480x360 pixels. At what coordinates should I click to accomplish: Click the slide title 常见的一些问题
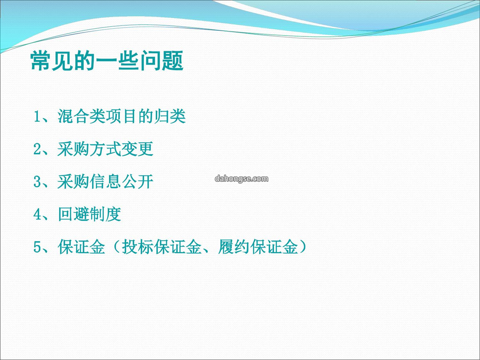[107, 61]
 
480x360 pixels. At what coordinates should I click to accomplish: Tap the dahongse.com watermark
[241, 179]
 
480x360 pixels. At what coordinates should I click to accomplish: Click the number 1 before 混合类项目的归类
[37, 116]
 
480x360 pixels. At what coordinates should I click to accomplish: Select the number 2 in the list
[37, 149]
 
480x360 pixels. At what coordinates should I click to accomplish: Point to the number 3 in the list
[37, 182]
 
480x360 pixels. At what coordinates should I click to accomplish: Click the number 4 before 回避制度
[37, 215]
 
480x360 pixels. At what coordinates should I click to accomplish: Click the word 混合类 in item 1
[81, 116]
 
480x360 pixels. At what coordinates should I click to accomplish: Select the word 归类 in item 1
[170, 116]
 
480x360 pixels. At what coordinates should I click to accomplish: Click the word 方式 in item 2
[105, 149]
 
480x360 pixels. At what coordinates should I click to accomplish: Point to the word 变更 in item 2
[137, 149]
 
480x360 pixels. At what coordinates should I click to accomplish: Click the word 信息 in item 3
[105, 182]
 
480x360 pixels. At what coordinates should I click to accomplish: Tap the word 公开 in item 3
[137, 182]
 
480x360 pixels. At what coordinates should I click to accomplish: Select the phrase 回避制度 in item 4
[89, 214]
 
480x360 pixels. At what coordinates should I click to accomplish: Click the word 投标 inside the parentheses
[138, 247]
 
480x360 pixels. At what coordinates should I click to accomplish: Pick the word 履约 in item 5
[234, 247]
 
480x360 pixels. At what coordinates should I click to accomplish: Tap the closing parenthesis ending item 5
[303, 247]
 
